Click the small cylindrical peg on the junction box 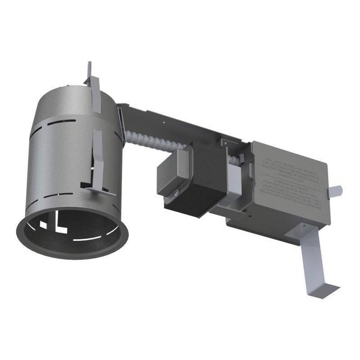[337, 190]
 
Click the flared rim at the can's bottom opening [72, 252]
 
